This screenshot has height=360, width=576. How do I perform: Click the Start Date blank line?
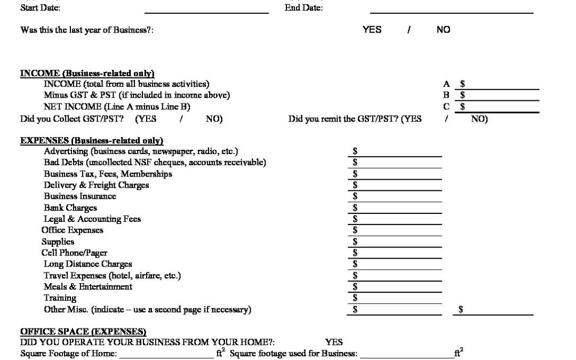[x=206, y=10]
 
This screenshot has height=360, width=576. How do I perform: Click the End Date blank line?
[x=451, y=10]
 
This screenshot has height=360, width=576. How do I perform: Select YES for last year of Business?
[x=372, y=30]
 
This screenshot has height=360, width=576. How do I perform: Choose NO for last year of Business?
[x=443, y=30]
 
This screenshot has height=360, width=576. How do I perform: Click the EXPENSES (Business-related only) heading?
[x=91, y=141]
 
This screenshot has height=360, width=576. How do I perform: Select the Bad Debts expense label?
[x=155, y=163]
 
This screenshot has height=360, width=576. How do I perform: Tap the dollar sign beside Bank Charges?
[x=355, y=208]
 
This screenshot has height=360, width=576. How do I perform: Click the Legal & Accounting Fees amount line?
[x=399, y=219]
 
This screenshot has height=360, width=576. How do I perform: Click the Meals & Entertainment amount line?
[x=399, y=287]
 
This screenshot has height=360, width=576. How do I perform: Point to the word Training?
[x=60, y=298]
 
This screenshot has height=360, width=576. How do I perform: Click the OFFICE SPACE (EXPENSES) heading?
[x=83, y=332]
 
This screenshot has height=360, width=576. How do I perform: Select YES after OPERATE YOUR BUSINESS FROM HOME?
[x=334, y=342]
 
